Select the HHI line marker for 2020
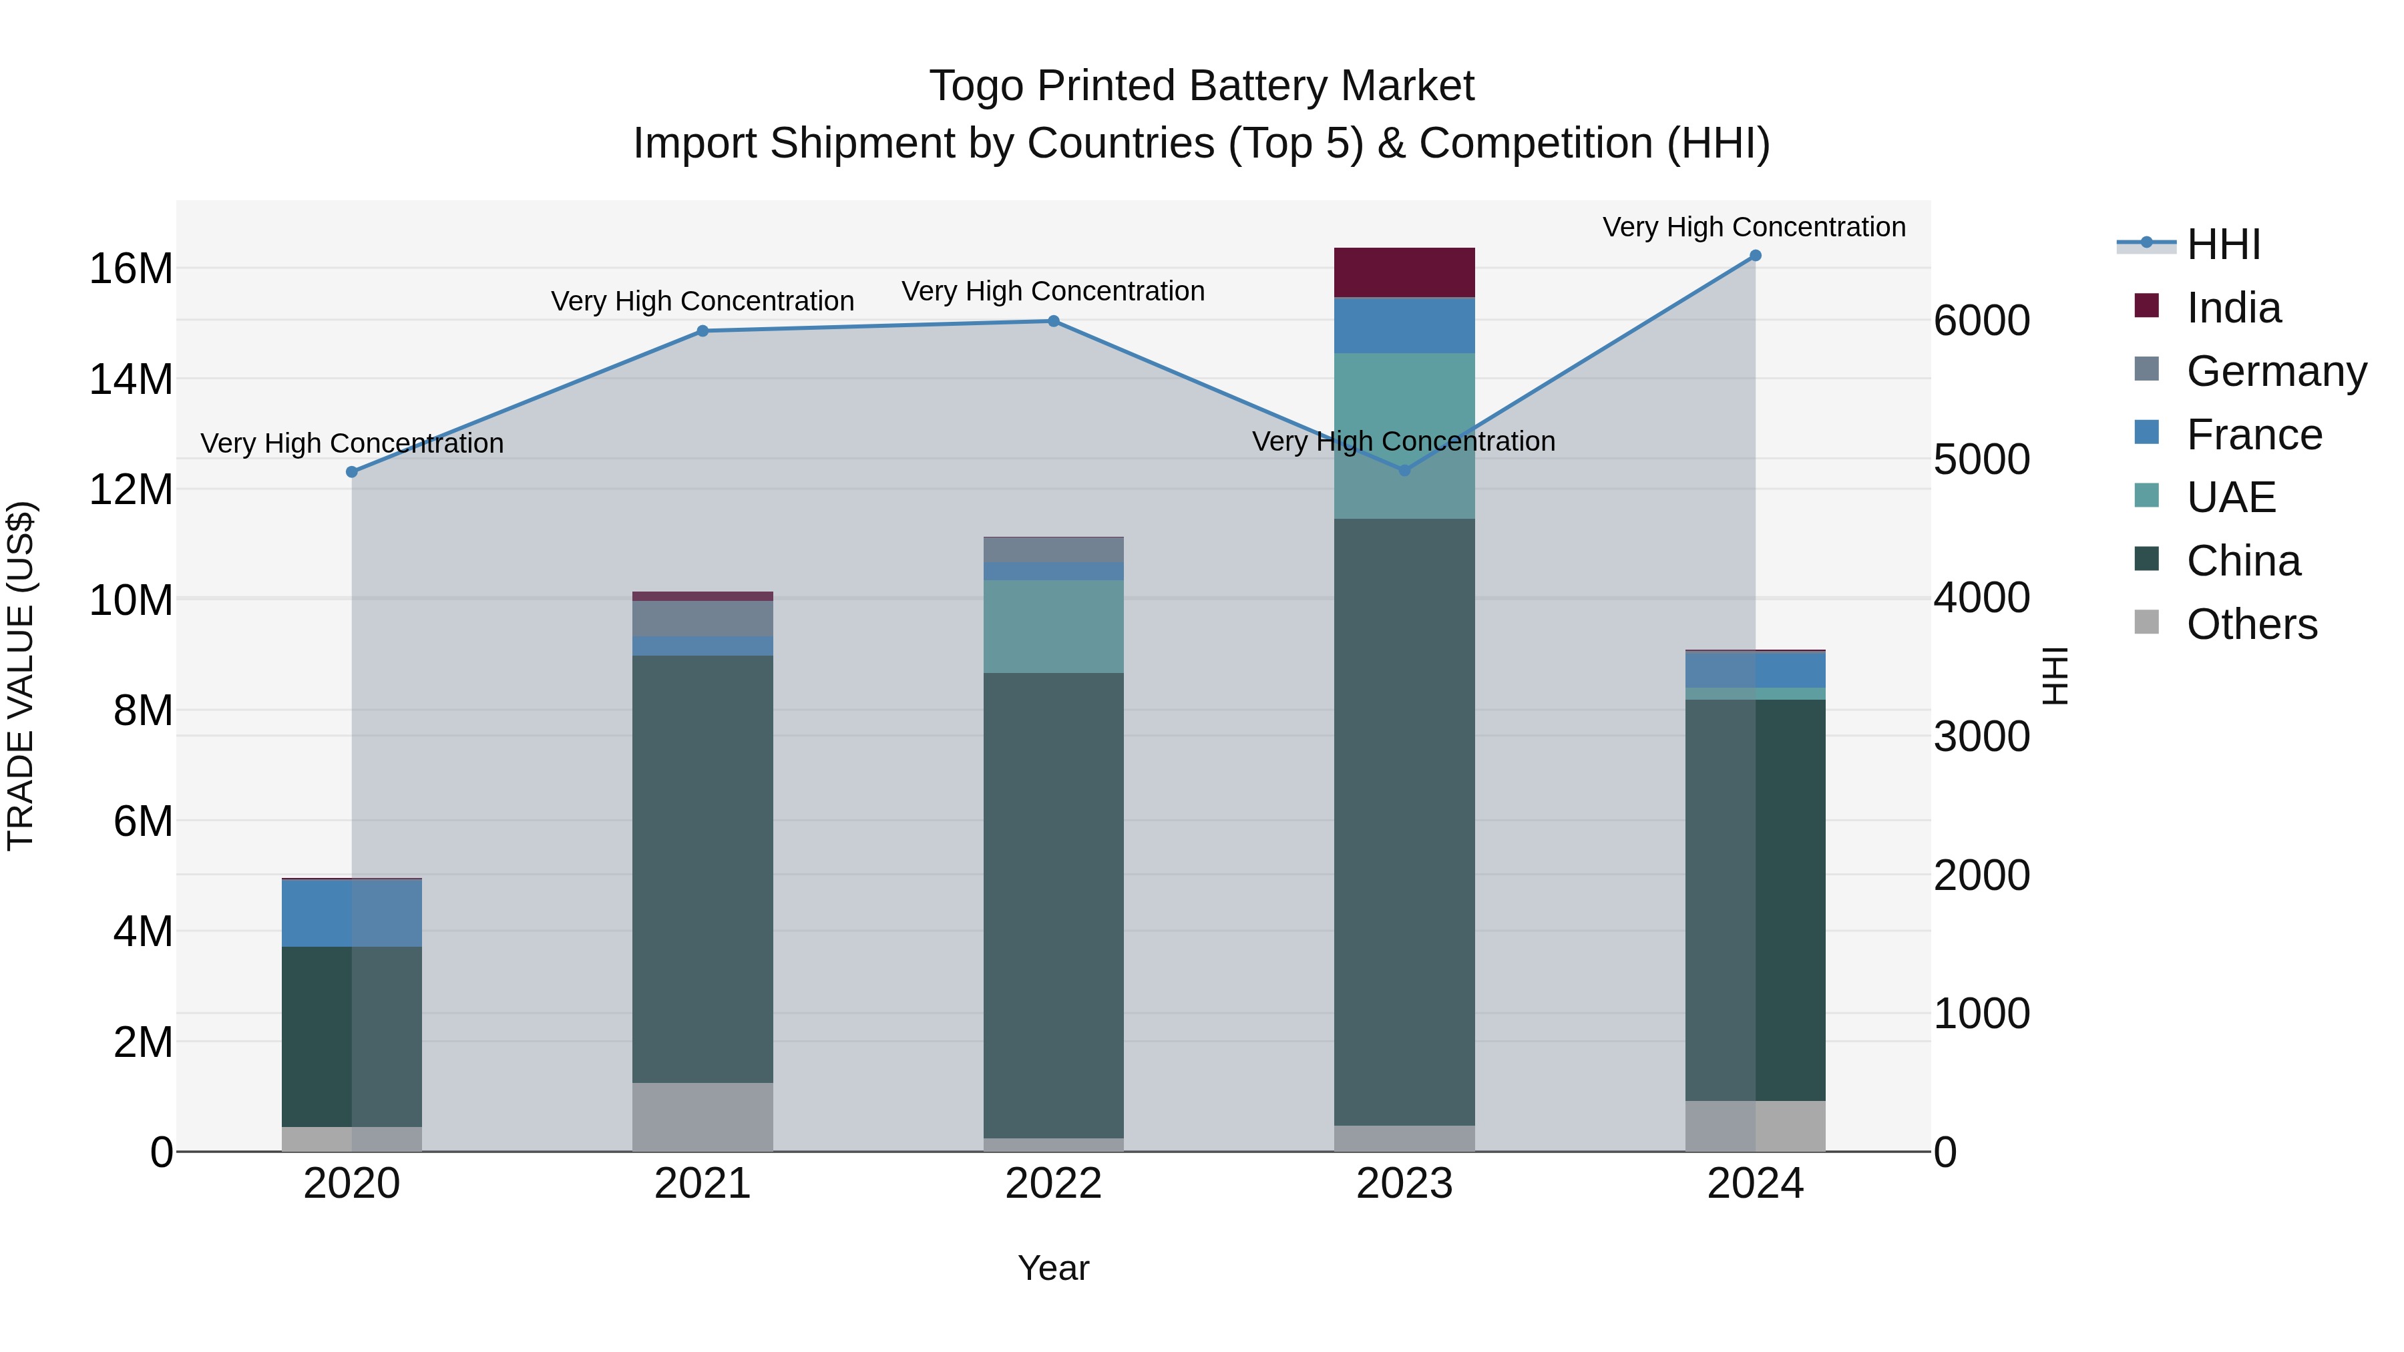352,472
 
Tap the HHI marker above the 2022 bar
1054,321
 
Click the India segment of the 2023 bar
1404,272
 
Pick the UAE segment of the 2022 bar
1054,626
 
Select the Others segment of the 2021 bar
703,1117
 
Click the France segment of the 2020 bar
352,913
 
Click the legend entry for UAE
2230,497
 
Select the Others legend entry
2251,624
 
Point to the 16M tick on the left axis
131,268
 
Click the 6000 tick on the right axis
1981,320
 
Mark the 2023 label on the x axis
1404,1184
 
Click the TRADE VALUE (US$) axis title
21,676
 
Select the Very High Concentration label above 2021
702,301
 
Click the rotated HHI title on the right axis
2055,676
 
